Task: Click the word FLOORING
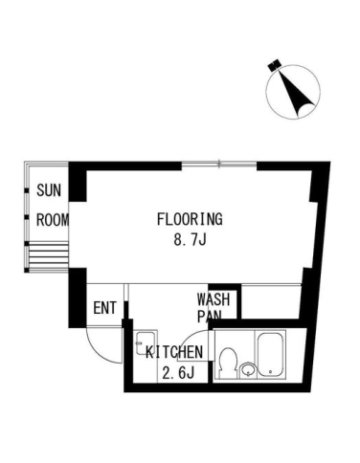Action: [190, 219]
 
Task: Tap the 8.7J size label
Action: [190, 239]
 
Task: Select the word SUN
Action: [49, 190]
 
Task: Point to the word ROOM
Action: [53, 220]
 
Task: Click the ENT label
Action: [104, 308]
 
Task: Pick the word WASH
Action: [214, 299]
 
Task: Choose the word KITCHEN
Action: [174, 352]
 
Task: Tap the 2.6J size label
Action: [178, 373]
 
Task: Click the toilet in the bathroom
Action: [228, 363]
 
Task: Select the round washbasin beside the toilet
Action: [247, 370]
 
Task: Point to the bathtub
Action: [271, 355]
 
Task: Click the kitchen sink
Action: [146, 342]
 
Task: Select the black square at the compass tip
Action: [274, 65]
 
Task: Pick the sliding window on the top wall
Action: [219, 165]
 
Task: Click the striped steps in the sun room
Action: [48, 256]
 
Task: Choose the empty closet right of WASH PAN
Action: [271, 301]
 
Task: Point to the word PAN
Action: [209, 316]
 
